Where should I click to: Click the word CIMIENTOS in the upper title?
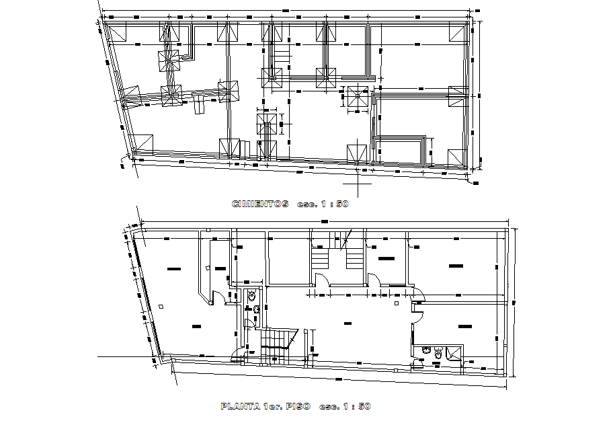(x=259, y=204)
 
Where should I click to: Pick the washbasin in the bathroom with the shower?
(x=426, y=350)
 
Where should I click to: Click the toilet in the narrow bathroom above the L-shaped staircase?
(x=251, y=295)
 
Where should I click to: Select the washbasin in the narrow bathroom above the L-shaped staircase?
(x=256, y=309)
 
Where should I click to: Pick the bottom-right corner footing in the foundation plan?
(x=457, y=157)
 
